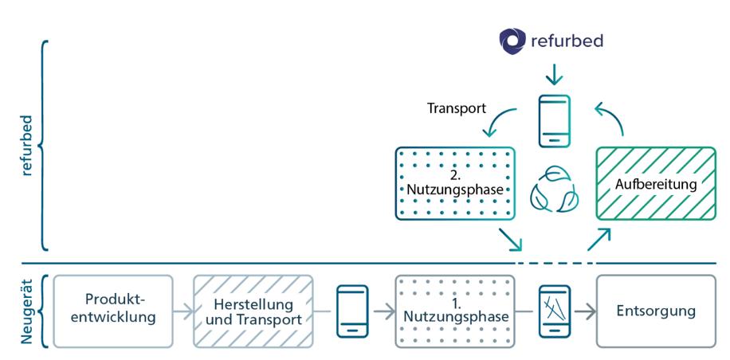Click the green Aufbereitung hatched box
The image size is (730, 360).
pyautogui.click(x=655, y=183)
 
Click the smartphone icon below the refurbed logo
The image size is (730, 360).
pyautogui.click(x=555, y=121)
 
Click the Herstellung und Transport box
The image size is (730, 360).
pyautogui.click(x=253, y=311)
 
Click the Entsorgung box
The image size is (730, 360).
pyautogui.click(x=655, y=311)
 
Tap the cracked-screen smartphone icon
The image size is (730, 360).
pyautogui.click(x=555, y=311)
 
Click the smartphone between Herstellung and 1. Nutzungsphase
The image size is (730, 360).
pyautogui.click(x=353, y=311)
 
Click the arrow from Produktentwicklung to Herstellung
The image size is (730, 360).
pyautogui.click(x=183, y=311)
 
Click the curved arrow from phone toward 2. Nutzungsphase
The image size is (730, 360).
pyautogui.click(x=500, y=122)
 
